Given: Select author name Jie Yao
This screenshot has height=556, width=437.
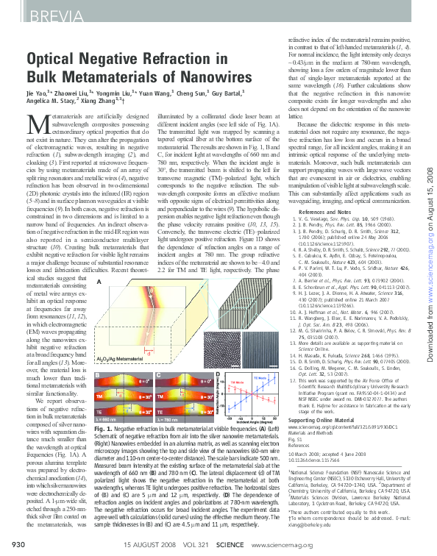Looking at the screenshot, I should pos(40,95).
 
